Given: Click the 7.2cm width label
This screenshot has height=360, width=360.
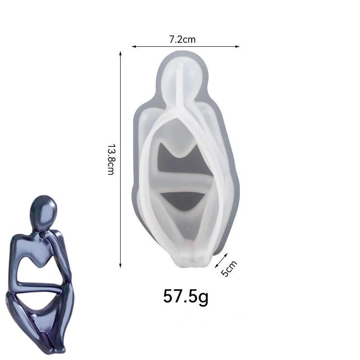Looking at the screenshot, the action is (x=183, y=40).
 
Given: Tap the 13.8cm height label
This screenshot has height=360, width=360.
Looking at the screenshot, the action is (x=111, y=160).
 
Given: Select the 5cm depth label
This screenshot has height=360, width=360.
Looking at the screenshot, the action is (x=229, y=268).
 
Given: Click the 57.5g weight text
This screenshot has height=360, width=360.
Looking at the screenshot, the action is (x=186, y=297).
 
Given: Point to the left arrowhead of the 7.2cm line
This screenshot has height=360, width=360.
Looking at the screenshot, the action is (x=134, y=47).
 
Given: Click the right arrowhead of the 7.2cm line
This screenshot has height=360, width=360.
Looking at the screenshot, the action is (x=238, y=47).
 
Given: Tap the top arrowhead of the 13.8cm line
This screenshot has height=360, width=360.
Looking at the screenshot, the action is (x=120, y=54).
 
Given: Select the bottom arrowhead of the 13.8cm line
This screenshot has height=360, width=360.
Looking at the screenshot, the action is (x=120, y=265).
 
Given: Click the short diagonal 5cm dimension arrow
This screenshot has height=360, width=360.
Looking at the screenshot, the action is (x=221, y=261).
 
